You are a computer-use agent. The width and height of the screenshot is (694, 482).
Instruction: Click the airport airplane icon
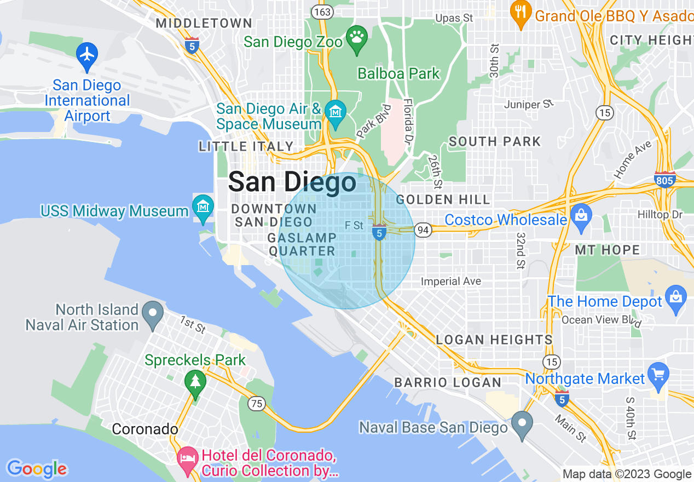(x=86, y=54)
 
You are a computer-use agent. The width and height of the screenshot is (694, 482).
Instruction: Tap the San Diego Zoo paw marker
(x=357, y=37)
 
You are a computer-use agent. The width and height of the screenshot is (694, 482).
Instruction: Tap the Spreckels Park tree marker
(x=195, y=381)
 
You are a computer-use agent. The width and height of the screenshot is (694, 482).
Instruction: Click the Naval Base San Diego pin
(x=522, y=423)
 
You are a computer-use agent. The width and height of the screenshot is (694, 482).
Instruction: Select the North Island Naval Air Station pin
(x=153, y=313)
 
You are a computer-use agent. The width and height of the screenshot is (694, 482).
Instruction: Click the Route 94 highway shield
(x=423, y=230)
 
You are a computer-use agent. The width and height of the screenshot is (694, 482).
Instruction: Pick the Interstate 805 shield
(x=664, y=179)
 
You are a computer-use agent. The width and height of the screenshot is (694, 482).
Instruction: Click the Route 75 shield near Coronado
(x=256, y=404)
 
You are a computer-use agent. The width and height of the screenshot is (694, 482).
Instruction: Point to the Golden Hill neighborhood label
(x=443, y=199)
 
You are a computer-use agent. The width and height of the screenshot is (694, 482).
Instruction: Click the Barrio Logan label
(x=448, y=382)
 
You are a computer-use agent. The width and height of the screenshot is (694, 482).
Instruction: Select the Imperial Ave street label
(x=450, y=282)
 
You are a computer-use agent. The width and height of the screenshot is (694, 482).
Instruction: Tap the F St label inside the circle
(x=354, y=225)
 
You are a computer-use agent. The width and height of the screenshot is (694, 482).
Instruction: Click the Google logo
(x=37, y=469)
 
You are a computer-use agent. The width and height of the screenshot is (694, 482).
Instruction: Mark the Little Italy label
(x=246, y=146)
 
